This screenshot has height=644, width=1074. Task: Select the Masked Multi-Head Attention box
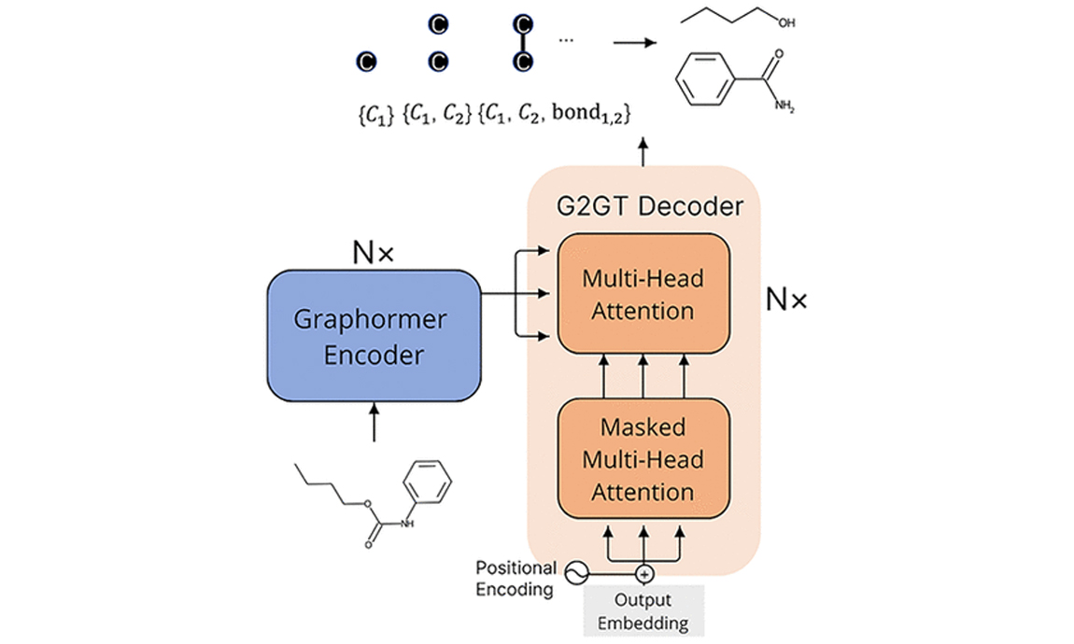[643, 459]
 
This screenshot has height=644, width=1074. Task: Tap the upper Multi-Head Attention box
[643, 293]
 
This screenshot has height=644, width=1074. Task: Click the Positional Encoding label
[516, 578]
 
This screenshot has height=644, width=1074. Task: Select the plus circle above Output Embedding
[644, 572]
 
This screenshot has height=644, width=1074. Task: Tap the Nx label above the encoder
[373, 252]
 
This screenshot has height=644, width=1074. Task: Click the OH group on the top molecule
[786, 22]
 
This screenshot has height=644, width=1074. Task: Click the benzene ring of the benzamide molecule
[706, 79]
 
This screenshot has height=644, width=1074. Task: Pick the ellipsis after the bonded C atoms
[566, 40]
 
